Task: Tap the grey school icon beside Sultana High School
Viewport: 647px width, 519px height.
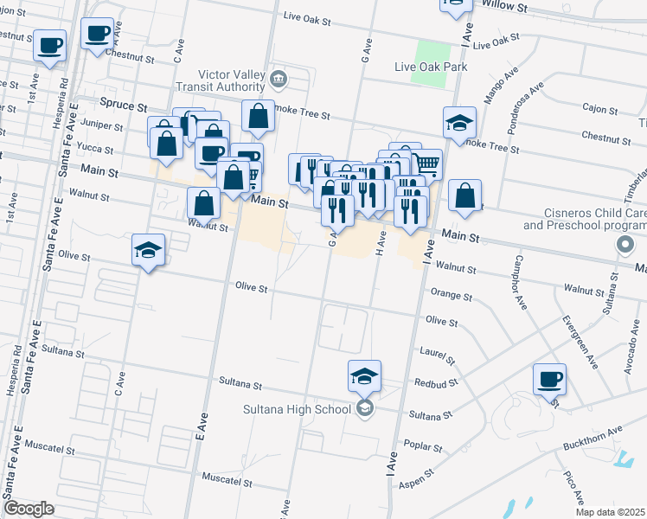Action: [x=365, y=408]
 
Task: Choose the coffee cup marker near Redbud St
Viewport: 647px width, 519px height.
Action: [x=549, y=379]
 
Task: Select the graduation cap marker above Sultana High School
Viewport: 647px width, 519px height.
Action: [x=365, y=376]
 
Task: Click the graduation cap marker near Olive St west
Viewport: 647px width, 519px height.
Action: [x=148, y=251]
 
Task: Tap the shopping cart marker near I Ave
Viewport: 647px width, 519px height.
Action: [x=426, y=163]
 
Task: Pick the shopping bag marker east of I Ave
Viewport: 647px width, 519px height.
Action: [x=465, y=196]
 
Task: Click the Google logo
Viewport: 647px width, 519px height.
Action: [x=29, y=509]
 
